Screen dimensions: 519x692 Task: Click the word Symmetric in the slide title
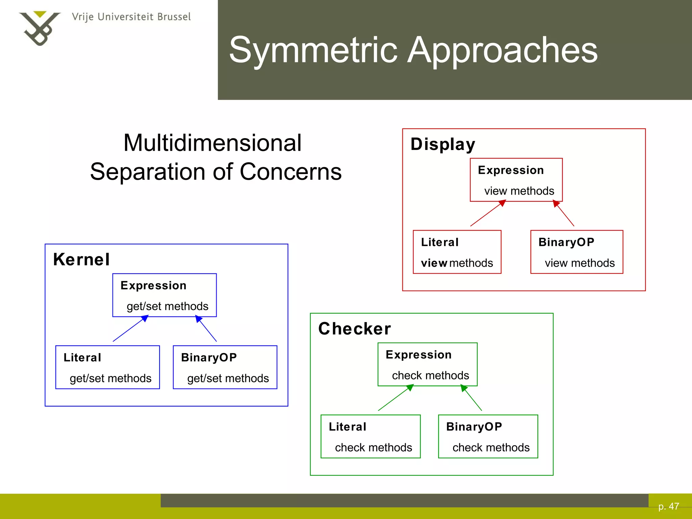pyautogui.click(x=313, y=50)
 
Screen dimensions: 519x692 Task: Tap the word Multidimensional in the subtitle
pyautogui.click(x=212, y=143)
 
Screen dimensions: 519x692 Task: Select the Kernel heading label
pyautogui.click(x=81, y=259)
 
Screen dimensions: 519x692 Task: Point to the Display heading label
pyautogui.click(x=443, y=144)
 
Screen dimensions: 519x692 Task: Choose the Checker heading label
pyautogui.click(x=354, y=329)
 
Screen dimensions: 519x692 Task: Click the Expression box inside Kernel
pyautogui.click(x=165, y=295)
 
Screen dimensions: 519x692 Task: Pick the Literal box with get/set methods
pyautogui.click(x=107, y=367)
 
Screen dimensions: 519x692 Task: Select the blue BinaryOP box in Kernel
pyautogui.click(x=225, y=367)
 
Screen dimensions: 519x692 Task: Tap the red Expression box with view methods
pyautogui.click(x=516, y=180)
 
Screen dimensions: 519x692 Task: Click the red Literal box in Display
pyautogui.click(x=457, y=252)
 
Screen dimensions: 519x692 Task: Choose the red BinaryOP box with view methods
pyautogui.click(x=576, y=252)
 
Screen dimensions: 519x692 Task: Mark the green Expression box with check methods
pyautogui.click(x=427, y=364)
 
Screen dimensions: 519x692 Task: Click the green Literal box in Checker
pyautogui.click(x=370, y=437)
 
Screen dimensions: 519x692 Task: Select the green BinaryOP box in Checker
pyautogui.click(x=488, y=437)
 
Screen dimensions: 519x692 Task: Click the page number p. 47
pyautogui.click(x=668, y=506)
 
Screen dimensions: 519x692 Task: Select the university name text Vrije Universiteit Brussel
pyautogui.click(x=131, y=17)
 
